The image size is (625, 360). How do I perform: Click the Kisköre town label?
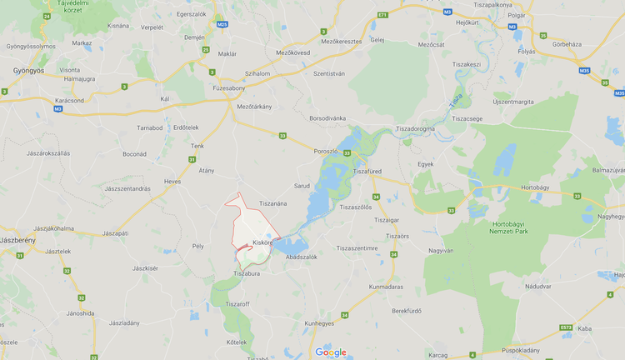[262, 242]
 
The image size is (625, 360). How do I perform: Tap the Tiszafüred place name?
[367, 171]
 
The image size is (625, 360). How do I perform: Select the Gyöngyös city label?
[28, 71]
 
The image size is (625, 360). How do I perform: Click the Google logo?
[331, 352]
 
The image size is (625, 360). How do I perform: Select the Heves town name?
[172, 181]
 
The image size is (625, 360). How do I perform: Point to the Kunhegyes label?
[320, 322]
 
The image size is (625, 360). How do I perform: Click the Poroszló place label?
[326, 151]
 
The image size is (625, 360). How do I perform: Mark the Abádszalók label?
[301, 257]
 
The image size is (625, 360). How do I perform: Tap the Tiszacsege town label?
[467, 118]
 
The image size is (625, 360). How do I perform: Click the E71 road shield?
[382, 15]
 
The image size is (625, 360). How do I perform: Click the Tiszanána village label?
[272, 203]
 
